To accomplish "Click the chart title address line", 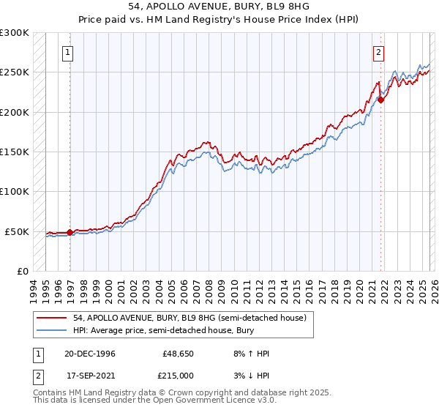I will click(219, 7).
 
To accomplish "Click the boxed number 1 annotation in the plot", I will click(67, 52).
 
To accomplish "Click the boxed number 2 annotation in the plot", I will click(378, 52).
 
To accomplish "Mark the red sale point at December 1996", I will click(70, 233).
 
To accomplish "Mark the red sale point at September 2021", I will click(381, 100).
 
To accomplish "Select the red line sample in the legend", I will click(53, 317).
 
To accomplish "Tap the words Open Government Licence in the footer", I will click(216, 400).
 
